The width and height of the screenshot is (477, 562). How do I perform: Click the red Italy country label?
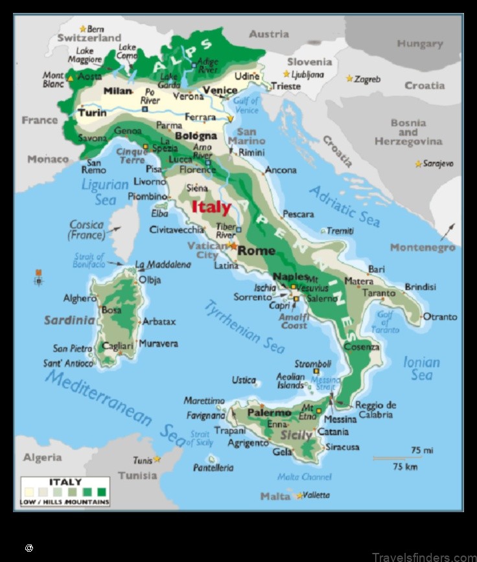pyautogui.click(x=211, y=207)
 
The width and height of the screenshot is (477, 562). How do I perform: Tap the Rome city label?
pyautogui.click(x=257, y=251)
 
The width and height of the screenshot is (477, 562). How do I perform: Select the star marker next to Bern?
pyautogui.click(x=82, y=28)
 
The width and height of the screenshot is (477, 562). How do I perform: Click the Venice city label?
pyautogui.click(x=220, y=90)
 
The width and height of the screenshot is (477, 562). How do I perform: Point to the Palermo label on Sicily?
pyautogui.click(x=269, y=412)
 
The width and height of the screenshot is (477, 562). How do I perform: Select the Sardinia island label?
pyautogui.click(x=69, y=320)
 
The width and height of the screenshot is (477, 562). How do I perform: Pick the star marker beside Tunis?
pyautogui.click(x=157, y=459)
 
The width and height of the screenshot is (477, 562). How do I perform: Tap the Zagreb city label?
pyautogui.click(x=367, y=79)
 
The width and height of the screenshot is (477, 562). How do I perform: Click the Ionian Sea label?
pyautogui.click(x=421, y=368)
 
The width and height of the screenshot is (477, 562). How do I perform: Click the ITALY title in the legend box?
pyautogui.click(x=65, y=482)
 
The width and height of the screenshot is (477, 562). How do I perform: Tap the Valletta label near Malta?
pyautogui.click(x=317, y=495)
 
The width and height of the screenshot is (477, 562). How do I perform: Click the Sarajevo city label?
pyautogui.click(x=438, y=164)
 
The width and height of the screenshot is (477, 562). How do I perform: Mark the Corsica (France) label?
pyautogui.click(x=86, y=230)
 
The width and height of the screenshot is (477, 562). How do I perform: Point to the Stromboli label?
pyautogui.click(x=313, y=364)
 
